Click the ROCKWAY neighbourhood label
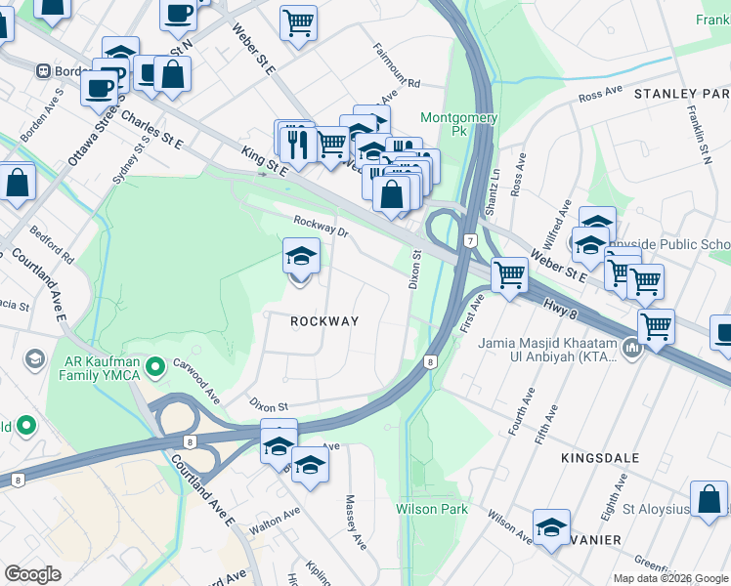[x=323, y=321]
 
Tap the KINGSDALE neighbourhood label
[x=600, y=457]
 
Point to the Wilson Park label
[x=432, y=509]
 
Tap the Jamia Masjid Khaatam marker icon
[x=631, y=347]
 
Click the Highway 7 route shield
[x=470, y=241]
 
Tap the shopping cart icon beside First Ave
[x=509, y=275]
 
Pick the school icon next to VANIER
[x=551, y=526]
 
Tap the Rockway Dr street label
[x=321, y=226]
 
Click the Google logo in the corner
[x=32, y=574]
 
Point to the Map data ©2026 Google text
[x=669, y=578]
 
